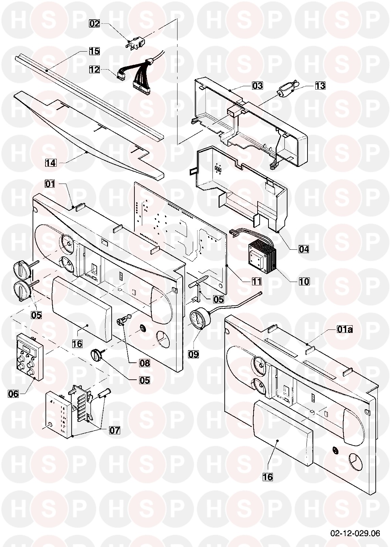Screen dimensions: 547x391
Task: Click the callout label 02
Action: (x=95, y=24)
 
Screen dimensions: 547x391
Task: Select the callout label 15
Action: (x=95, y=51)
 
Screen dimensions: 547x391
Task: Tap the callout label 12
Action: (x=95, y=70)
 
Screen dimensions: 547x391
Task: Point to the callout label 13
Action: (x=320, y=86)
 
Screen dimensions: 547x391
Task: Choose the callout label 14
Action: (x=51, y=163)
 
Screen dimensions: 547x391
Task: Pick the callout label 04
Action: (x=304, y=249)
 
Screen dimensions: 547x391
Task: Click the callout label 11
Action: (x=257, y=281)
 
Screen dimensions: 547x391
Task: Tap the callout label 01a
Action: (x=345, y=328)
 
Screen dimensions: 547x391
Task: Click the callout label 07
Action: (x=114, y=430)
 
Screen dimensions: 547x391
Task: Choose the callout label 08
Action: (x=144, y=363)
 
